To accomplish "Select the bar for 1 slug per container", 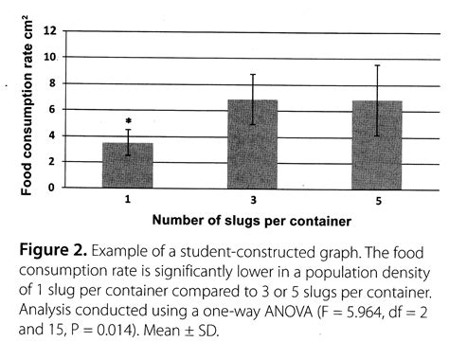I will [127, 166].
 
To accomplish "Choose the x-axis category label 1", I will [127, 201].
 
